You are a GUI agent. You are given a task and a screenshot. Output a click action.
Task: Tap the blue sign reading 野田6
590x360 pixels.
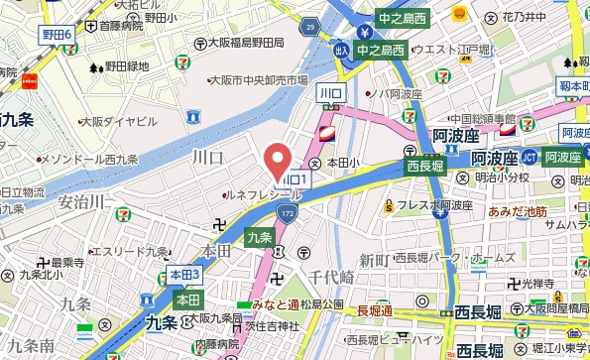pos(58,35)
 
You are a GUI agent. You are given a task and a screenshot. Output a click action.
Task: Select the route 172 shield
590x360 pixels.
pos(286,212)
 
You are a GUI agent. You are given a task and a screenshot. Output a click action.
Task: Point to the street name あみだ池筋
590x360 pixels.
pos(519,211)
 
